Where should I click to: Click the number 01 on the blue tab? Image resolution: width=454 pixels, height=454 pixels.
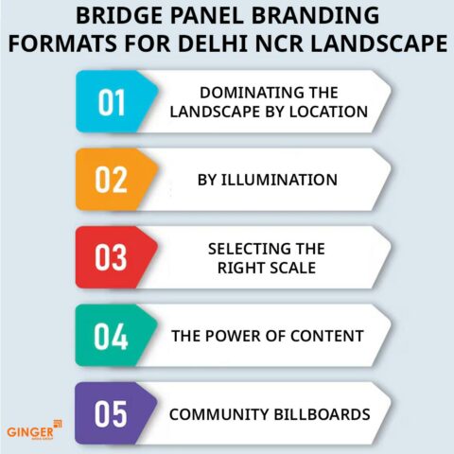click(112, 101)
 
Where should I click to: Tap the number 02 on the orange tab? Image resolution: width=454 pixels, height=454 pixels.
click(112, 178)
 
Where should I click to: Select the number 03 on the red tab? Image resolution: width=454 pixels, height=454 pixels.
click(112, 256)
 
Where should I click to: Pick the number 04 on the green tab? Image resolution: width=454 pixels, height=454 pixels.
click(112, 335)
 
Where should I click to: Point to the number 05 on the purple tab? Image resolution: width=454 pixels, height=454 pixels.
click(112, 413)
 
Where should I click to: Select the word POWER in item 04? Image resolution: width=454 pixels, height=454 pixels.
click(242, 335)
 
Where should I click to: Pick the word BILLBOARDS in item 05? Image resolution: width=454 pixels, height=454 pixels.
click(318, 413)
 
